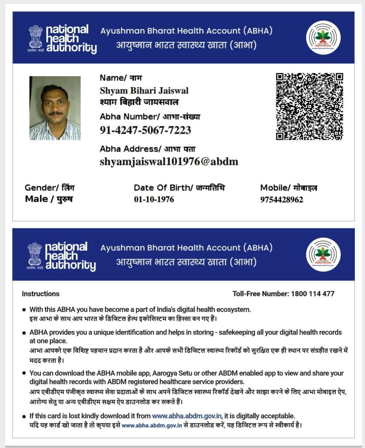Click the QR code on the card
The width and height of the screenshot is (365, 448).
click(309, 106)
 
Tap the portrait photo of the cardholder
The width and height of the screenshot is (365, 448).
click(55, 108)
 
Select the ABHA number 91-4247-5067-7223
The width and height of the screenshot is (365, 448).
click(145, 130)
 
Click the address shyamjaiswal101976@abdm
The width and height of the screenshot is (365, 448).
click(169, 162)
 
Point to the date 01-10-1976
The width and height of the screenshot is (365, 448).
click(154, 199)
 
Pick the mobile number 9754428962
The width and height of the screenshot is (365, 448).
click(282, 199)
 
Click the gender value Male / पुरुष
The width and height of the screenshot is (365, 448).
click(49, 199)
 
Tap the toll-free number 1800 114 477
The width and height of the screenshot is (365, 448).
click(312, 294)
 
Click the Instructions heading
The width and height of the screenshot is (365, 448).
click(41, 294)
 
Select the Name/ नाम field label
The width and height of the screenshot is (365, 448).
click(121, 78)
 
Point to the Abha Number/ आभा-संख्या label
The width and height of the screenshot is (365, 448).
click(149, 116)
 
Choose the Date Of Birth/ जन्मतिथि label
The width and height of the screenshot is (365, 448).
click(179, 187)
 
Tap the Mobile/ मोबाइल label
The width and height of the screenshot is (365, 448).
click(288, 187)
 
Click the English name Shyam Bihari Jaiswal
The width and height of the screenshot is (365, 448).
click(144, 91)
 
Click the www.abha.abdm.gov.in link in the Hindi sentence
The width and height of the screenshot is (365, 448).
click(152, 425)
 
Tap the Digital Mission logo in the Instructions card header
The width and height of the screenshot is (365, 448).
click(323, 254)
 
